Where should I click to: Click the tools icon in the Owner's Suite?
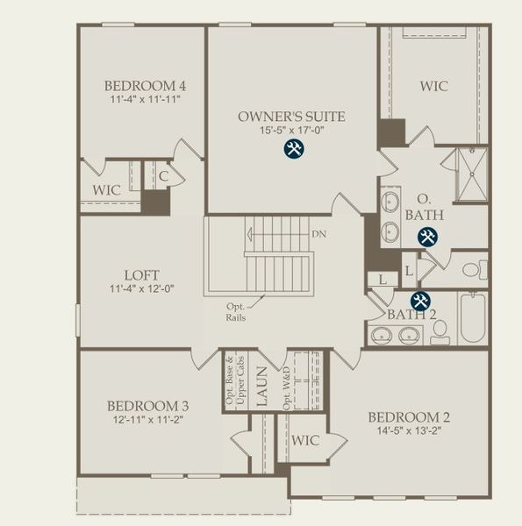pos(294,149)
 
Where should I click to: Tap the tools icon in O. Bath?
pos(427,236)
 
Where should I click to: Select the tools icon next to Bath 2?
pos(420,301)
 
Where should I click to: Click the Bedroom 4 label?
pos(145,86)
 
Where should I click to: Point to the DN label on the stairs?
pos(319,235)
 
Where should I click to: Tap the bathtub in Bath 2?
pos(470,318)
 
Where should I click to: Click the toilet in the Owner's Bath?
pos(474,269)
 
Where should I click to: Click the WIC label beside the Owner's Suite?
pos(433,87)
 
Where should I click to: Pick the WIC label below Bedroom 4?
pos(106,189)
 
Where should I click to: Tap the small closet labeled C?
pos(163,176)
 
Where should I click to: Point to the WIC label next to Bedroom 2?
pos(305,439)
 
